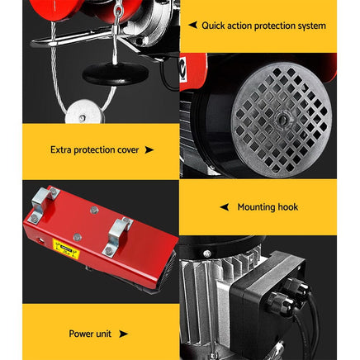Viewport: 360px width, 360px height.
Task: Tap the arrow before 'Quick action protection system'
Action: click(192, 26)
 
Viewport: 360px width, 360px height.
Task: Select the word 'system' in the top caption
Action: click(310, 26)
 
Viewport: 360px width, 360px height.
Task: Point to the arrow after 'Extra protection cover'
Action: click(149, 150)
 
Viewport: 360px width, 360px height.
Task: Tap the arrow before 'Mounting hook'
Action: click(223, 207)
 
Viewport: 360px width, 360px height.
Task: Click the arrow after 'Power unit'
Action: click(123, 334)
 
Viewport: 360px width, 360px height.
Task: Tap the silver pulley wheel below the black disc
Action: click(83, 111)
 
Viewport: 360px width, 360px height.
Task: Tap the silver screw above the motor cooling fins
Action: click(207, 253)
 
